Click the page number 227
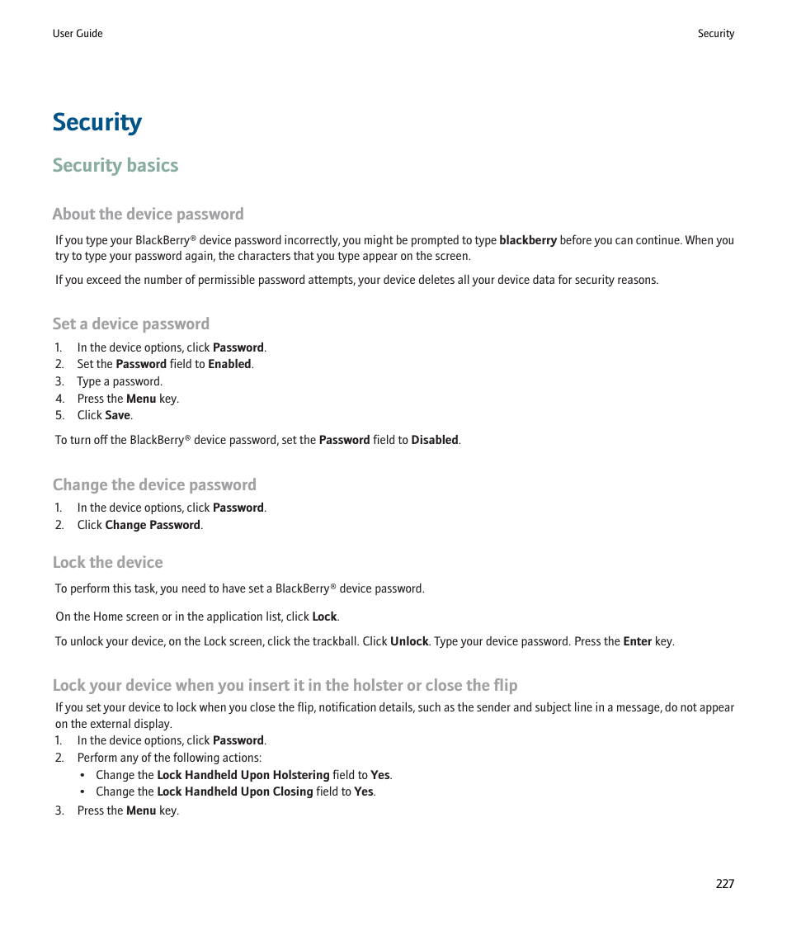(x=724, y=884)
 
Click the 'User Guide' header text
(x=78, y=34)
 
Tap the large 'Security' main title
(x=97, y=122)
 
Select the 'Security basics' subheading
(x=115, y=166)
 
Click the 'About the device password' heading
(x=148, y=215)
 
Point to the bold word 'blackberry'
(x=528, y=241)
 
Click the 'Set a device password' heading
(x=131, y=324)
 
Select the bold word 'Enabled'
(x=229, y=364)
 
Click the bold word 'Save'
(x=118, y=416)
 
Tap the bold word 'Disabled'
(x=435, y=441)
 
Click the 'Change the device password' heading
(x=154, y=485)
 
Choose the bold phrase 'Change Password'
(x=153, y=526)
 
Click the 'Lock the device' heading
(x=108, y=563)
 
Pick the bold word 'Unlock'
(x=409, y=641)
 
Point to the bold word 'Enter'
(x=638, y=641)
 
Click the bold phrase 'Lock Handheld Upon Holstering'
(x=243, y=776)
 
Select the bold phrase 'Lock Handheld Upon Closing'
(x=235, y=792)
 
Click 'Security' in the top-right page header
(x=715, y=34)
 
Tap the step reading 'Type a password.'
(x=120, y=382)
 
